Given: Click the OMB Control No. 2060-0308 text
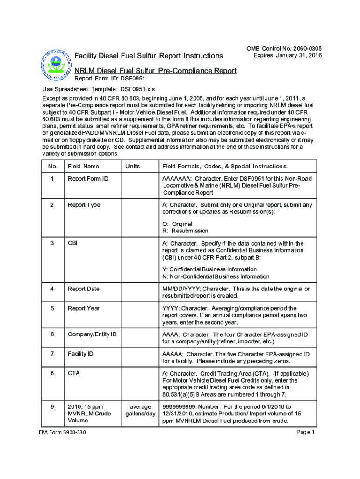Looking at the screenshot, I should pos(288,49).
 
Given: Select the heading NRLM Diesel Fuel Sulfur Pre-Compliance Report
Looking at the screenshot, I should pos(156,71).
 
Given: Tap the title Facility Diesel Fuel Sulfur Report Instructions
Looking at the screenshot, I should pos(149,56).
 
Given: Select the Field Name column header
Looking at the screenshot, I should pos(83,166).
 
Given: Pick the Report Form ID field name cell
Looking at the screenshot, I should pos(88,179).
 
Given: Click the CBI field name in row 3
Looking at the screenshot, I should pos(73,243).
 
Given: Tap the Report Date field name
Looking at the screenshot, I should pos(84,289).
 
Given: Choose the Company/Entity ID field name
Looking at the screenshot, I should pos(92,334).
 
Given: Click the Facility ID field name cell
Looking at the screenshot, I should pos(80,354).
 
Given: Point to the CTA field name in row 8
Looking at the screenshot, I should pos(73,373).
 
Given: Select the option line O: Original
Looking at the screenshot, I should pos(177,224).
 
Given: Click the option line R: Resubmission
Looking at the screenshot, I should pos(185,231).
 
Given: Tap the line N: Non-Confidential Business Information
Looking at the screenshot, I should pos(216,276).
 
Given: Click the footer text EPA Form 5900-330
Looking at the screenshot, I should pos(62,432).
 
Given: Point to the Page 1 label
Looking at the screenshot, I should pos(306,432).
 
